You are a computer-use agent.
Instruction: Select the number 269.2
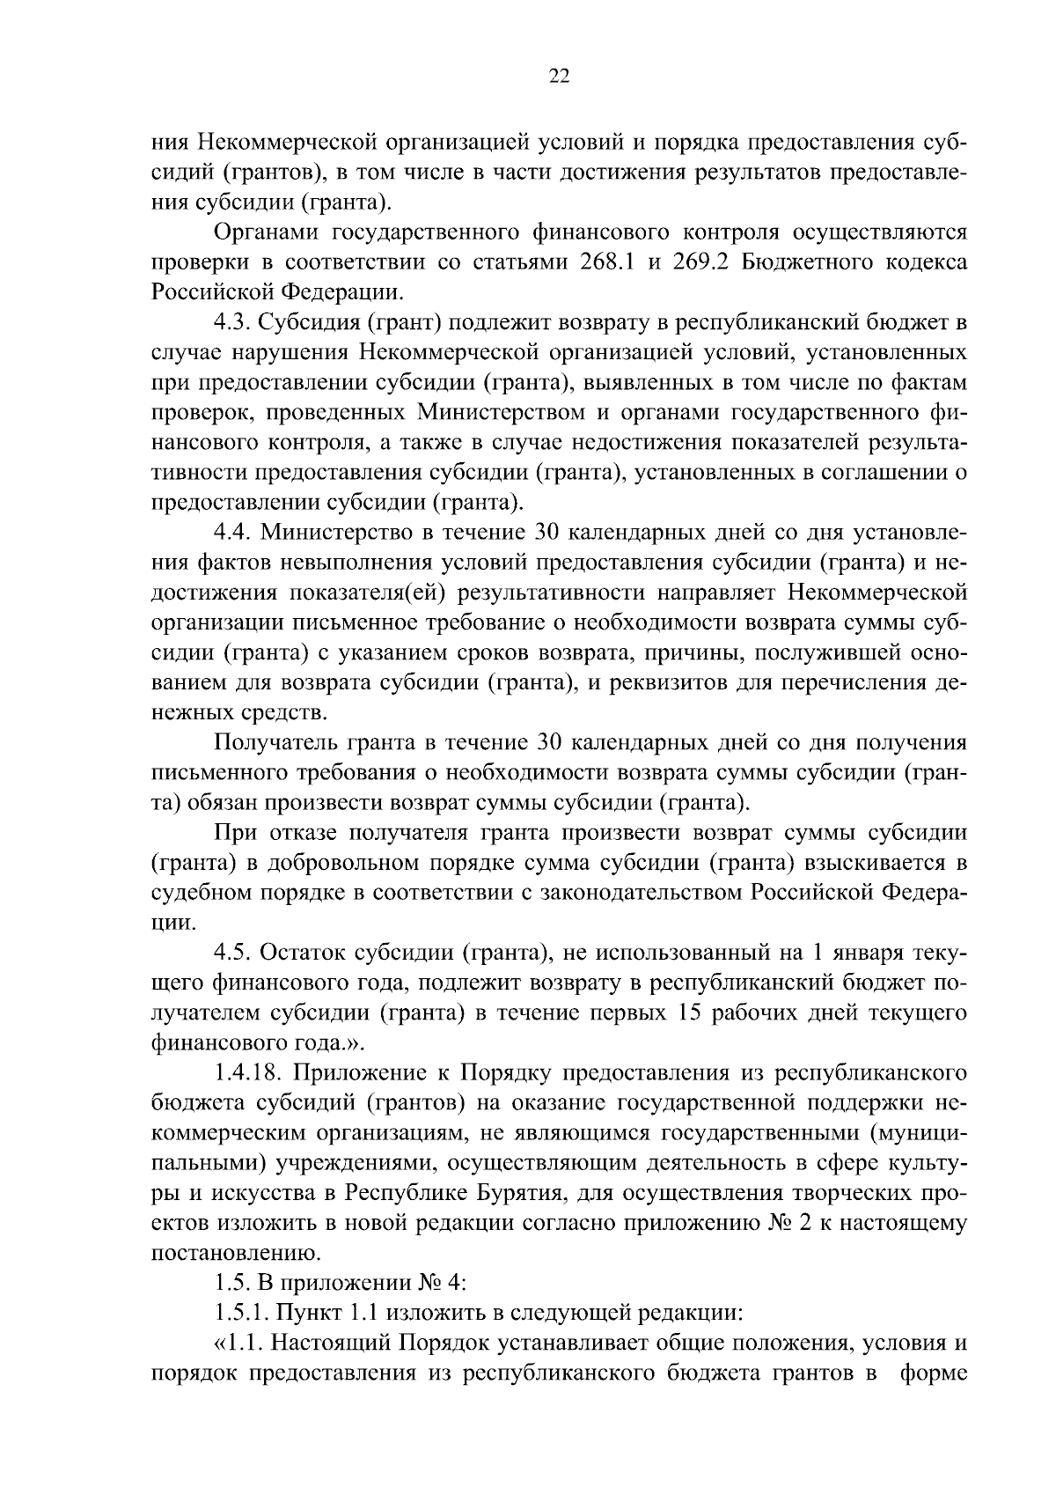coord(695,262)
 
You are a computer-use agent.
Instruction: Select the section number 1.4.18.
coord(247,1072)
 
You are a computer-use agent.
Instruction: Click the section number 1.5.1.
coord(240,1312)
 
